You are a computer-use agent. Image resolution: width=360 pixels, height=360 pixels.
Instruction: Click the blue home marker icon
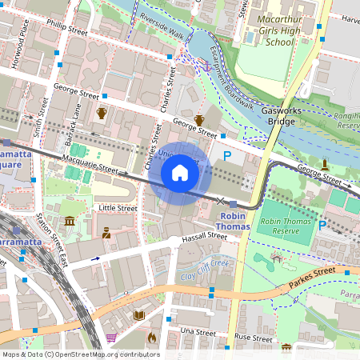click(180, 172)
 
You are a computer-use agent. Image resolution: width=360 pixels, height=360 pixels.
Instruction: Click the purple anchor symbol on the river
click(206, 66)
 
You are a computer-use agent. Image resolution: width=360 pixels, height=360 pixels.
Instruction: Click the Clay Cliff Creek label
click(205, 270)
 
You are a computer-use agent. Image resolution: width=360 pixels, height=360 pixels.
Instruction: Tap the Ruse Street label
click(254, 338)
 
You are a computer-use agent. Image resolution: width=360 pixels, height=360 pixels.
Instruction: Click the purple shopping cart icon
click(111, 337)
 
